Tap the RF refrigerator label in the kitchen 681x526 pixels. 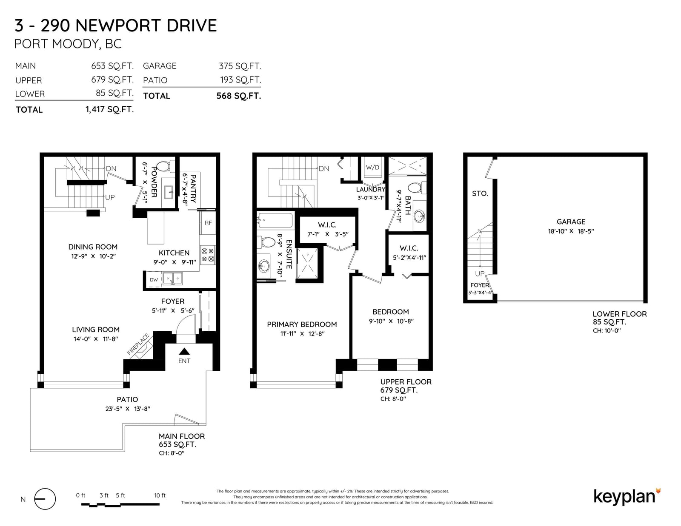208,223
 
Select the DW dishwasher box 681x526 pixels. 154,280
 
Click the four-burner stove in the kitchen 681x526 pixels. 208,255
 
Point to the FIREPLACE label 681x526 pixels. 138,344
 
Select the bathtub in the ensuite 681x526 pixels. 275,220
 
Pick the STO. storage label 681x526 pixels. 480,193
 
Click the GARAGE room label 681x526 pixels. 571,222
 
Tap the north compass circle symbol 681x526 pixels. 45,499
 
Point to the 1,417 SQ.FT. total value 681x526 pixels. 110,110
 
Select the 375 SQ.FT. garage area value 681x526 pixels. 240,66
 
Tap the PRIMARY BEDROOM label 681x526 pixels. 302,324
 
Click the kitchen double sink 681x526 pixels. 172,279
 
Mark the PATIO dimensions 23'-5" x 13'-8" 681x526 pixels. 128,409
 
